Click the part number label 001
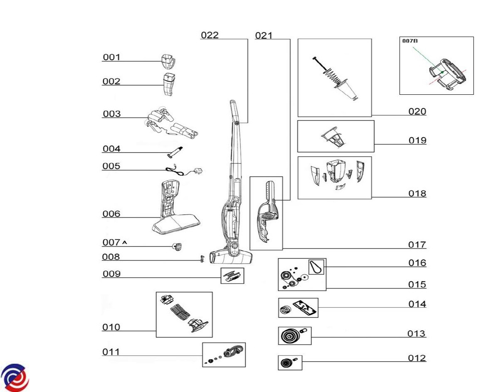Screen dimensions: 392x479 (111, 57)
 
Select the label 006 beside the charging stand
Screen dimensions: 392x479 (111, 214)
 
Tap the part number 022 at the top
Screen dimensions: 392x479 (210, 35)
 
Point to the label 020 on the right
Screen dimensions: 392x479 (417, 111)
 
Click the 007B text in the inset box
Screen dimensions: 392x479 (410, 41)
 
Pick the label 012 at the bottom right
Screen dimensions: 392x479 (417, 358)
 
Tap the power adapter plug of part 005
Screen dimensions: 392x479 (199, 171)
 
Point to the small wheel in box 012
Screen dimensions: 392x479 (285, 363)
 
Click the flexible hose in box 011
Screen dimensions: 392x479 (232, 353)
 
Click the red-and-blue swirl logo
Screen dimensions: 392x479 (15, 377)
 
